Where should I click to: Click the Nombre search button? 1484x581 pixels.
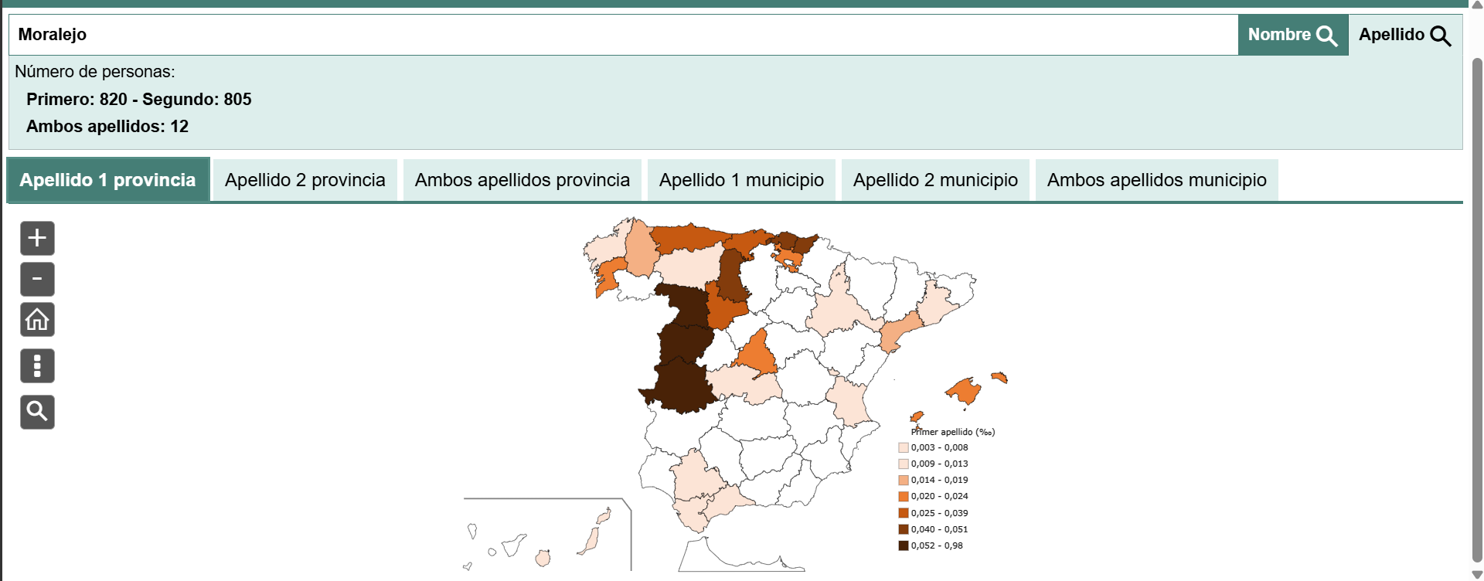pos(1292,35)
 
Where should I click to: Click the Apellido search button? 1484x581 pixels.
pos(1404,35)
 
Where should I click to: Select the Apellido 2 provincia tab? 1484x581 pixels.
pos(305,180)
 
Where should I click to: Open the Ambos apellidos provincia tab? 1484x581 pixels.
pos(522,180)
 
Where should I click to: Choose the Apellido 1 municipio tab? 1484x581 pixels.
pos(741,180)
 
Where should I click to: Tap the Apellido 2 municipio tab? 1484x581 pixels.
pos(935,180)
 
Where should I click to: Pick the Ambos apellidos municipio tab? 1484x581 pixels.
pos(1156,180)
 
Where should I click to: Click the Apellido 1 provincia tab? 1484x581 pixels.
pos(107,180)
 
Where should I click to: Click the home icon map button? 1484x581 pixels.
pos(37,319)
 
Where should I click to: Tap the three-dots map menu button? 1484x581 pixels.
pos(37,365)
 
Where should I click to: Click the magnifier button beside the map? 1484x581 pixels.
pos(37,412)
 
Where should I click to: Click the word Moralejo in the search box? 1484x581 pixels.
pos(53,35)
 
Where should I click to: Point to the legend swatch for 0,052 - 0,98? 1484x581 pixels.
pos(903,545)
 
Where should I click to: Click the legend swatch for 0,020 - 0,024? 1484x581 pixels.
pos(903,496)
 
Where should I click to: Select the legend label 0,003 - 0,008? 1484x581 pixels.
pos(939,447)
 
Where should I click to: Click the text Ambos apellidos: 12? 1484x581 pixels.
pos(107,127)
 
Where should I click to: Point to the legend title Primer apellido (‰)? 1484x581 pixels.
pos(953,432)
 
